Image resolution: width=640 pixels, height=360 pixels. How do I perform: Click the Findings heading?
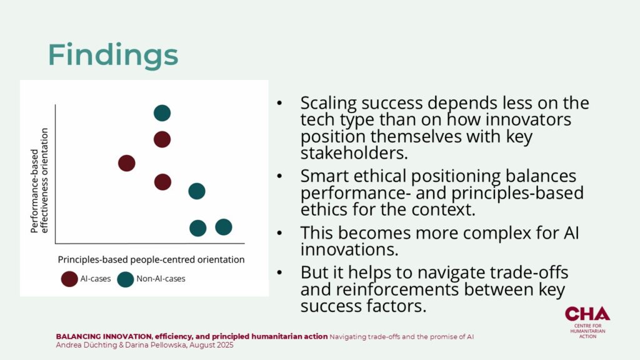click(113, 55)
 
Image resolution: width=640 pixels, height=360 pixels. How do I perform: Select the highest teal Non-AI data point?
click(162, 113)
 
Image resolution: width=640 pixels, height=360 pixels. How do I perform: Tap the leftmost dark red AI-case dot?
click(126, 163)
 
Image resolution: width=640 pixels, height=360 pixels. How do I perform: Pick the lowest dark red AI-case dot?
click(163, 182)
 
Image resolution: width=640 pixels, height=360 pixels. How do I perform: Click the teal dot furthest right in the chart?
click(224, 227)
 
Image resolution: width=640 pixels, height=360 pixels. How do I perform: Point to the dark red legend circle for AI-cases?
click(69, 279)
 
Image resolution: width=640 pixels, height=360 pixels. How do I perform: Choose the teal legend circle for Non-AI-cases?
click(125, 279)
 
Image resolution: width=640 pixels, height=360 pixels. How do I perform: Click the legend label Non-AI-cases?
click(161, 279)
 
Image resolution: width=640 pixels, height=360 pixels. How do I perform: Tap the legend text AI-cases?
click(96, 279)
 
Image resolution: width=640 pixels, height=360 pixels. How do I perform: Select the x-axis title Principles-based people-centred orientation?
click(151, 259)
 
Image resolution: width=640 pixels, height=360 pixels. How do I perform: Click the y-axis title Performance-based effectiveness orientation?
click(39, 181)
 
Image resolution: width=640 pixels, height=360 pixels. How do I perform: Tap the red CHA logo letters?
click(587, 314)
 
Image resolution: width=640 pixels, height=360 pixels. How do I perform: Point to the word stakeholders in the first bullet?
click(354, 153)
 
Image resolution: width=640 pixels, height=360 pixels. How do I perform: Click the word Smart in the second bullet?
click(324, 176)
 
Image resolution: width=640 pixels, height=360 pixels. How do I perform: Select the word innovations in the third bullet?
click(349, 249)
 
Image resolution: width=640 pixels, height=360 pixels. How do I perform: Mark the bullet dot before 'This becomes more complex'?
click(279, 232)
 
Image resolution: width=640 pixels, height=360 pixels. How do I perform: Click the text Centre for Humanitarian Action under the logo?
click(587, 331)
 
